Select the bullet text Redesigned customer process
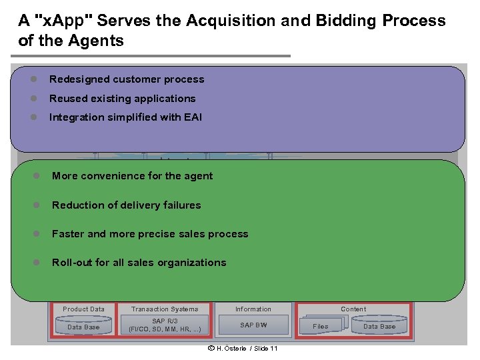(x=127, y=79)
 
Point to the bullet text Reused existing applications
(x=123, y=99)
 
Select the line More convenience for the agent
(x=132, y=176)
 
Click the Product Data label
(x=83, y=309)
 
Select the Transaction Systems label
(x=165, y=309)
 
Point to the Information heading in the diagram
(x=253, y=309)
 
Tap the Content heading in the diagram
(x=353, y=309)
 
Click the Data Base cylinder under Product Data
(x=83, y=327)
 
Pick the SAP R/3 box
(x=165, y=325)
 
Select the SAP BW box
(x=253, y=325)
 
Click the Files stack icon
(x=321, y=326)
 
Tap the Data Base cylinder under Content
(x=379, y=326)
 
